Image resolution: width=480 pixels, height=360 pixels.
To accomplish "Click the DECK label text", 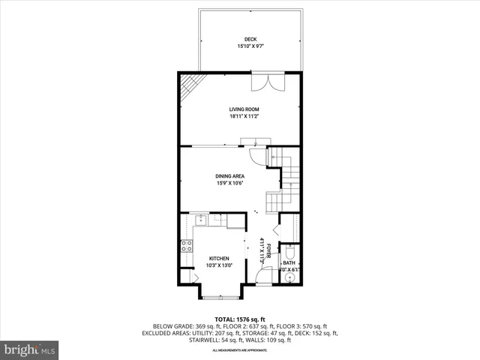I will coord(250,39).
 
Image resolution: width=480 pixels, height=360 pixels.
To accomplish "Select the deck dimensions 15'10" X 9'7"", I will coord(250,46).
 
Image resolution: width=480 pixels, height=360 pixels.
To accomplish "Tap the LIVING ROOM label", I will coord(244,109).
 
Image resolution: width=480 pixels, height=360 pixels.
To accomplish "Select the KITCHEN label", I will coord(219,258).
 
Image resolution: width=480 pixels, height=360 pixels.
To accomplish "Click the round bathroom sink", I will coord(290,276).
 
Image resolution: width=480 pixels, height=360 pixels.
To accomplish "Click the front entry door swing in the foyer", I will coord(262,276).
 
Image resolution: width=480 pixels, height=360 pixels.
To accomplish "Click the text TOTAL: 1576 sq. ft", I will coord(241,319).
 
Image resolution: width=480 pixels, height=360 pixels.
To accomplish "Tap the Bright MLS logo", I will coord(30,349).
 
